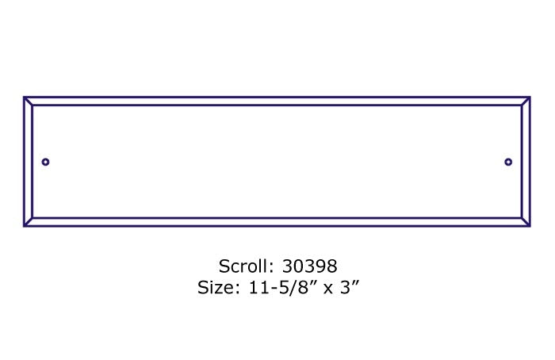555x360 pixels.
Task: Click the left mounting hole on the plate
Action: pos(45,162)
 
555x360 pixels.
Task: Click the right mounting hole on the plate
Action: pos(508,162)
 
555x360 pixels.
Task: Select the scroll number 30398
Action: pos(309,266)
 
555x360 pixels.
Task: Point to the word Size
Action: pos(215,287)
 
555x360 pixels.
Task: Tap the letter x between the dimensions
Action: pos(328,289)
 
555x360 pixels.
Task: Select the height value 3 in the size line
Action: pos(346,287)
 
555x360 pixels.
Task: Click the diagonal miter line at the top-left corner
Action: pos(29,101)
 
